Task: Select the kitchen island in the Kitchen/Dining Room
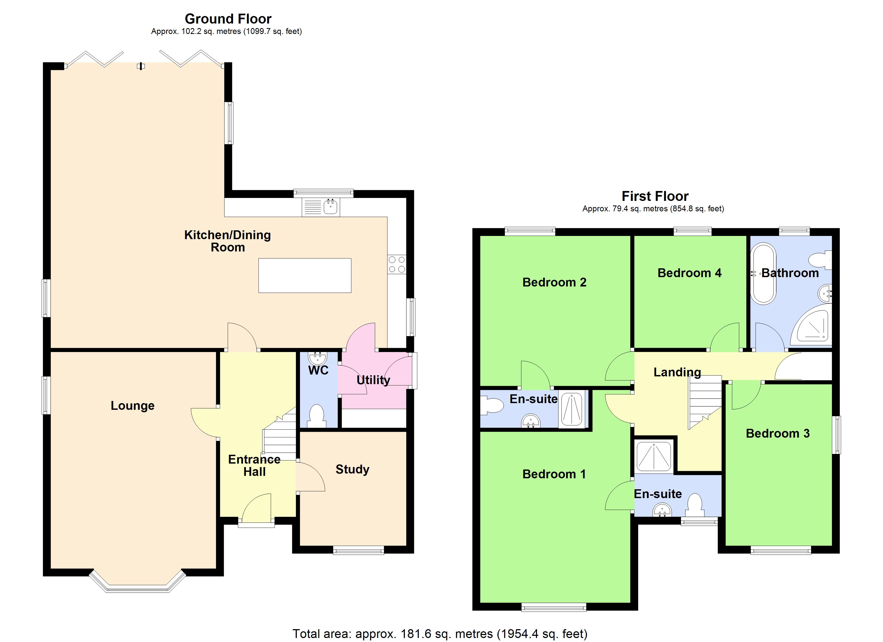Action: click(305, 275)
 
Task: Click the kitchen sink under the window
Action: click(330, 207)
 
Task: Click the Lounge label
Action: click(132, 406)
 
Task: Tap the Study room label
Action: click(352, 469)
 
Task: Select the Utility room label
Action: click(373, 380)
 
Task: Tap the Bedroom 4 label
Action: click(689, 273)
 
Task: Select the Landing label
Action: click(677, 372)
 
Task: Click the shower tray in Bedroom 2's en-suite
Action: click(572, 410)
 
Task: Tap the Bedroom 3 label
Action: click(778, 433)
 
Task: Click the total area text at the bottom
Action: click(440, 633)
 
